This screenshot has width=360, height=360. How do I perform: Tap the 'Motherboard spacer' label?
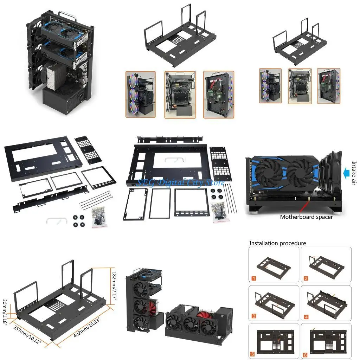pyautogui.click(x=306, y=217)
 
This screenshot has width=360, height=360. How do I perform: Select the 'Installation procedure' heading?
pyautogui.click(x=277, y=243)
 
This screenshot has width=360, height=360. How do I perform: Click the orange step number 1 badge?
pyautogui.click(x=254, y=278)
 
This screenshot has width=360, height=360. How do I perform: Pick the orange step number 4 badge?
pyautogui.click(x=306, y=317)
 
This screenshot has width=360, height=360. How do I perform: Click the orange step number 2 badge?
pyautogui.click(x=306, y=278)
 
